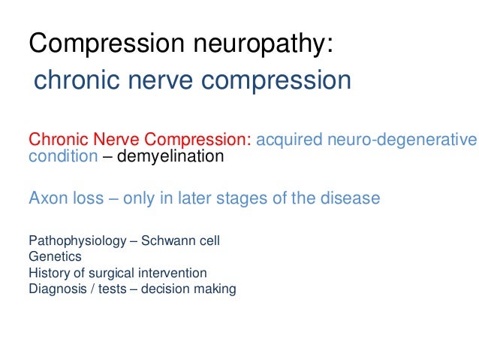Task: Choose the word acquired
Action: click(x=289, y=141)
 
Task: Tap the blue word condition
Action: click(x=62, y=157)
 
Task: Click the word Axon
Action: click(x=47, y=199)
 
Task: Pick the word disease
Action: click(x=351, y=199)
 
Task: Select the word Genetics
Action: click(x=54, y=257)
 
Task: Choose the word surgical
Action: click(x=106, y=272)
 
